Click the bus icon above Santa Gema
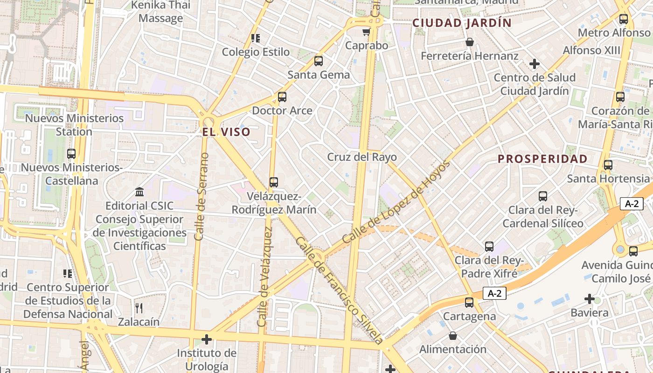pos(319,61)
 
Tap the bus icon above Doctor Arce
pos(282,97)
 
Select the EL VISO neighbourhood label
pos(226,132)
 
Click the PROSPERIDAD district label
pos(542,159)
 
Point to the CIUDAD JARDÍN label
pos(462,23)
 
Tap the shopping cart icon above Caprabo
pos(366,32)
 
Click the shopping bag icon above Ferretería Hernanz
pos(470,42)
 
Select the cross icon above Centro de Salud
pos(535,64)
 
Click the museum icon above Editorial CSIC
pos(139,192)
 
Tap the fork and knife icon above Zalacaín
pos(139,308)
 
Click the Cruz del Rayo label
pos(362,157)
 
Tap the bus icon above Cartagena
pos(469,303)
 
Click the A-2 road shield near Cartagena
pos(494,293)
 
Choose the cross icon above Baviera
pos(590,298)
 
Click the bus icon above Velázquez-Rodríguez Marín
pos(274,182)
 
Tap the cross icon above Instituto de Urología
pos(206,339)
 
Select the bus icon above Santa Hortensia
pos(608,165)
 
